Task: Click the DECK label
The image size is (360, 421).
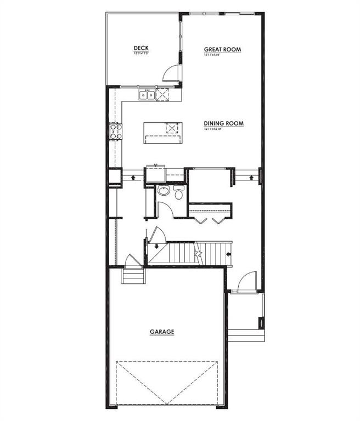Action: coord(141,49)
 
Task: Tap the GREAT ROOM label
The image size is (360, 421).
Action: coord(223,49)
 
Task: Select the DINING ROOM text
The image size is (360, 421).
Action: coord(223,123)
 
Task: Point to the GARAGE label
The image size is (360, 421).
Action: coord(162,332)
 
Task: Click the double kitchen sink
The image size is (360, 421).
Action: coord(147,95)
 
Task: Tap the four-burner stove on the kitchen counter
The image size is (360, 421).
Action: coord(115,132)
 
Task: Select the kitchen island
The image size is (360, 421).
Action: coord(162,132)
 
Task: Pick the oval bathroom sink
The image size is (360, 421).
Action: coord(162,191)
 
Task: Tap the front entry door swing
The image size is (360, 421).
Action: coord(244,282)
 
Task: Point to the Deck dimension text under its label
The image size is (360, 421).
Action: coord(141,54)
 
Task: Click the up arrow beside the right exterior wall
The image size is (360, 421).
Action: coord(251,177)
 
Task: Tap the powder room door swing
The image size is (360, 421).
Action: coord(164,209)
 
